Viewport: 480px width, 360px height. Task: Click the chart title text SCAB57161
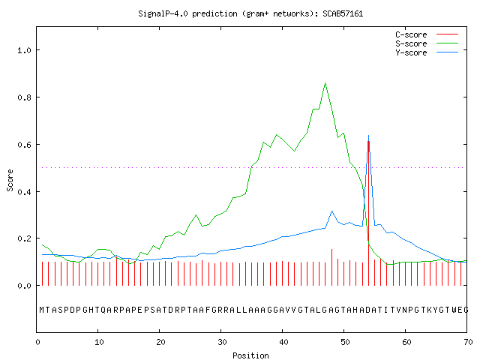[x=343, y=13]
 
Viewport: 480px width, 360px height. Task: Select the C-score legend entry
[x=427, y=34]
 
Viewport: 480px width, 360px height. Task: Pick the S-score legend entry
[x=427, y=43]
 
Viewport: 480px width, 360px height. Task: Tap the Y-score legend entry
[x=427, y=52]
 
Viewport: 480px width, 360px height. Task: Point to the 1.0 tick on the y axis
[x=25, y=50]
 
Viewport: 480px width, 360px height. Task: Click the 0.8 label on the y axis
[x=25, y=97]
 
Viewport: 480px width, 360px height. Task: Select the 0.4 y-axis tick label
[x=25, y=192]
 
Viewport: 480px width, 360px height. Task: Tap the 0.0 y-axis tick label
[x=25, y=286]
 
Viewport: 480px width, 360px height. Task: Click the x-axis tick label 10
[x=99, y=342]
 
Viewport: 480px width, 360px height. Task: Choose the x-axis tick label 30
[x=222, y=342]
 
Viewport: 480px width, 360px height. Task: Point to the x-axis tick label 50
[x=345, y=342]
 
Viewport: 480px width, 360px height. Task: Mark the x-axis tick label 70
[x=468, y=342]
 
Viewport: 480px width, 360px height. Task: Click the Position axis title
[x=250, y=355]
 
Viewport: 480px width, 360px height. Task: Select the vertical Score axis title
[x=10, y=180]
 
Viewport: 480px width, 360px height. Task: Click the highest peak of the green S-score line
[x=325, y=83]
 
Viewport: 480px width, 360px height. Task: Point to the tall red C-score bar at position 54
[x=368, y=213]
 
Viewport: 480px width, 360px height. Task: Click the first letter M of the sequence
[x=42, y=310]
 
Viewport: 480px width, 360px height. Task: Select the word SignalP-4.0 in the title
[x=163, y=13]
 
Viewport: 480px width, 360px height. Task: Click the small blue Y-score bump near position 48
[x=331, y=211]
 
